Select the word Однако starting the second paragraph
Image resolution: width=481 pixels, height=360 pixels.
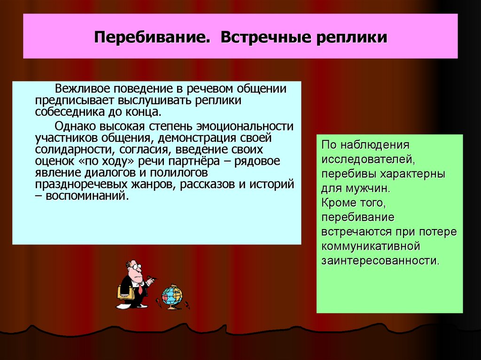(74, 126)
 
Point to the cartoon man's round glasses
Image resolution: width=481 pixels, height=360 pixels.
(136, 267)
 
